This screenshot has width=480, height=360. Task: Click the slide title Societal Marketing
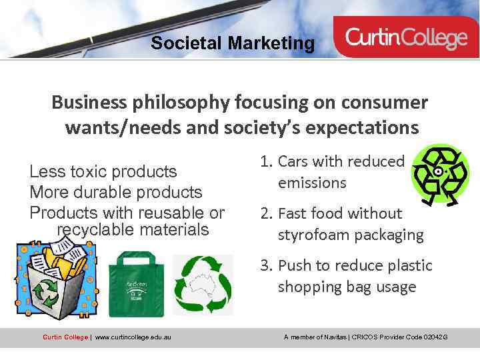[233, 44]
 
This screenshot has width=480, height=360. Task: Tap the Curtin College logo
[406, 38]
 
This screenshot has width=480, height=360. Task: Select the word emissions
[312, 183]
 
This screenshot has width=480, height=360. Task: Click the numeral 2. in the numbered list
[267, 213]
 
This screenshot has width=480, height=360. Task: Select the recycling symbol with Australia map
[203, 285]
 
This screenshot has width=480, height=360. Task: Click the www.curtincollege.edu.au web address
[133, 337]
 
